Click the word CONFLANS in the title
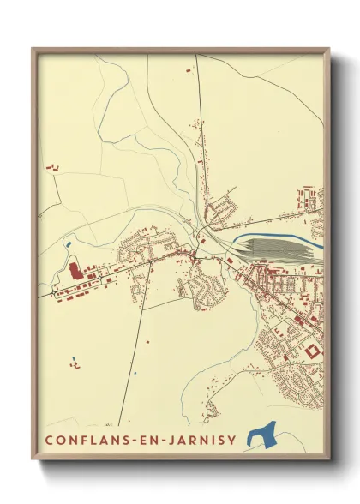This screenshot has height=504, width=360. pos(86,440)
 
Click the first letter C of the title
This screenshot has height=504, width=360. pos(47,440)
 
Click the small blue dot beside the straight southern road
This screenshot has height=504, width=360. pos(135,374)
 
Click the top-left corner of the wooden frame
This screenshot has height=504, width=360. pos(33,48)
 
